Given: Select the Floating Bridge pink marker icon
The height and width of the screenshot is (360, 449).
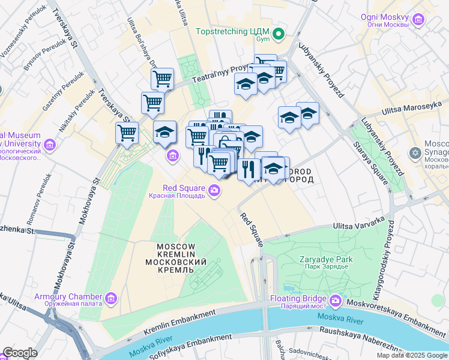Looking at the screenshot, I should (x=336, y=299).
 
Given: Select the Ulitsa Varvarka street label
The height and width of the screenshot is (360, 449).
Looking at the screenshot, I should (x=358, y=224).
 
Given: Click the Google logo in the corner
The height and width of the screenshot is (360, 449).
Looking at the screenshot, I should (x=20, y=353).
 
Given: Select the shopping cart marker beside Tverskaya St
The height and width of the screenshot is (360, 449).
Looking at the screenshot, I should (x=127, y=133).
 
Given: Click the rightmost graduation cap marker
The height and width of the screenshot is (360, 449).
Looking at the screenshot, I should (x=307, y=113).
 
